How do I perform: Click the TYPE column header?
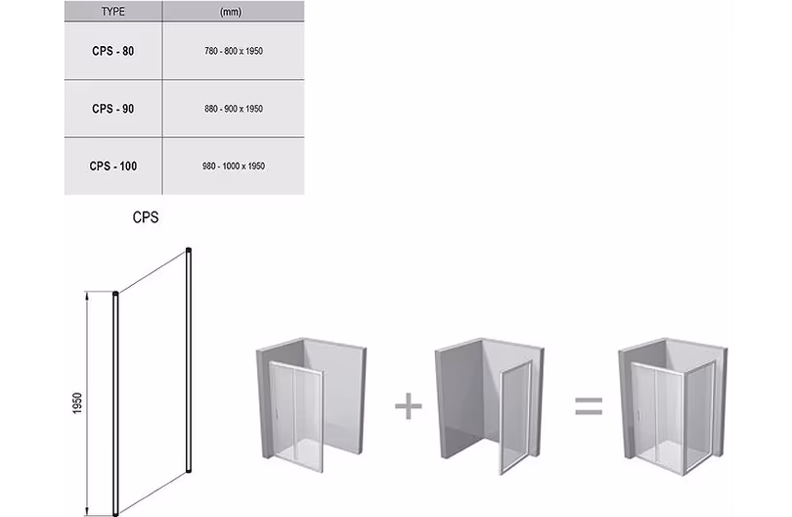112,11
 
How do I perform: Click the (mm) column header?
231,11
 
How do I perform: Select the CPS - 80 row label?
113,51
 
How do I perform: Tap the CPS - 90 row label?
113,109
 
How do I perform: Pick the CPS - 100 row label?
113,165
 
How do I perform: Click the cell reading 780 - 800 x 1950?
234,51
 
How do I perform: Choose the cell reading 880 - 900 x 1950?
234,109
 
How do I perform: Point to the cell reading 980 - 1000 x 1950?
234,165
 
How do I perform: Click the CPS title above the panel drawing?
146,217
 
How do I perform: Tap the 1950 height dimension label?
77,403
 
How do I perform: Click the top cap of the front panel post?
115,294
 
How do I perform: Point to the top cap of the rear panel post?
189,250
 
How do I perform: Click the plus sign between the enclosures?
408,405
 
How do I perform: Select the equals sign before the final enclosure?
589,405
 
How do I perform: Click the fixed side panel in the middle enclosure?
515,418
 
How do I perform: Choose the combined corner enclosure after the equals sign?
674,406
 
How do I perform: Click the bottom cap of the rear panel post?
189,470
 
